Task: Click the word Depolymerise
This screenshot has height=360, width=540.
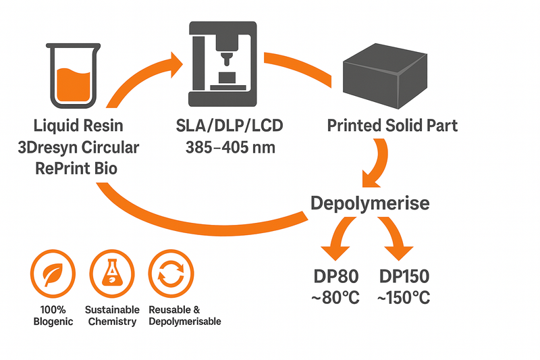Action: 370,203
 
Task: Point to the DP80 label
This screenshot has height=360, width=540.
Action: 335,277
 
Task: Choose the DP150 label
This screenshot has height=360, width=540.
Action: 403,277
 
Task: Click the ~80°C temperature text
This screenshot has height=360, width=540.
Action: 335,297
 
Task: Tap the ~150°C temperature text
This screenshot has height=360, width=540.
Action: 403,297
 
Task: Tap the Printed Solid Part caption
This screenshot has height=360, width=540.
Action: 392,126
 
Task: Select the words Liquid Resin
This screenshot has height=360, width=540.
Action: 78,126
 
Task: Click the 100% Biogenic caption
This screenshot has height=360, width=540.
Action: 52,315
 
